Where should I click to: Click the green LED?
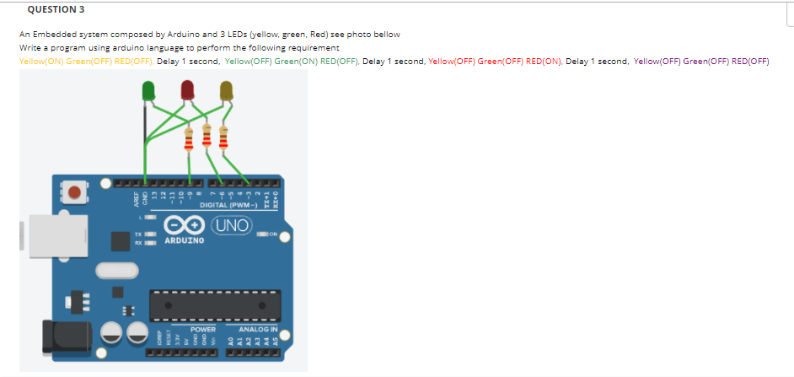coord(148,89)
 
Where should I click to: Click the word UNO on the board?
coord(231,226)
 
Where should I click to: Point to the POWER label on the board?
coord(203,329)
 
